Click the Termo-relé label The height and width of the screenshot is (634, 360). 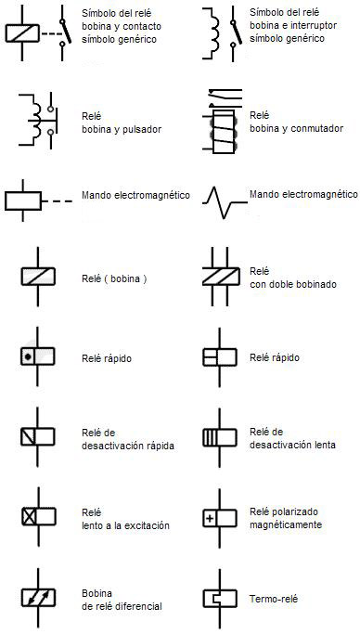click(274, 600)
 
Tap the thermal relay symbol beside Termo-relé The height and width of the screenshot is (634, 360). click(219, 599)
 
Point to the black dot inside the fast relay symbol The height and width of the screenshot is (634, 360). click(30, 356)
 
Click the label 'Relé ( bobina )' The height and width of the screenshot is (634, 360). click(114, 278)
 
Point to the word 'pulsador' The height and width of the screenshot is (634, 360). click(141, 129)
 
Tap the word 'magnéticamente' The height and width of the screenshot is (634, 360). click(286, 524)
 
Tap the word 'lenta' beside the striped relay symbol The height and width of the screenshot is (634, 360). click(318, 445)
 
